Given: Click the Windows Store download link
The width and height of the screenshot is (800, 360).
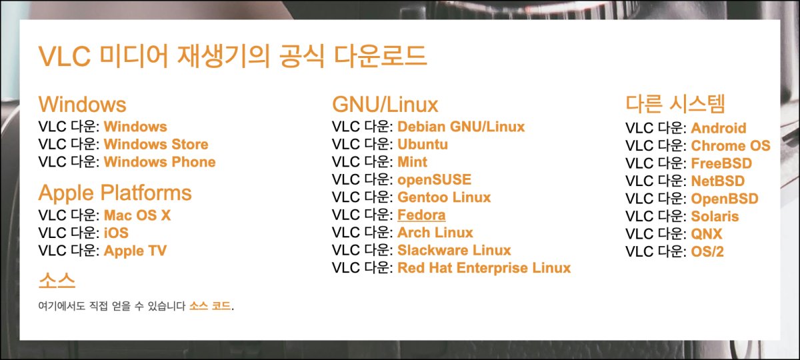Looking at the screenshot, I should pyautogui.click(x=156, y=145).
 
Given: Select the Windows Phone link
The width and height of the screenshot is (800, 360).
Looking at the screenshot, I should pyautogui.click(x=159, y=162).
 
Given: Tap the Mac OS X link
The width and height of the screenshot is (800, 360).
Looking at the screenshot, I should pyautogui.click(x=137, y=215).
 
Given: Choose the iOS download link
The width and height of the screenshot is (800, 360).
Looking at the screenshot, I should pyautogui.click(x=116, y=233).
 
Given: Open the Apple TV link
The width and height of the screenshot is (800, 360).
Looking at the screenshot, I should pyautogui.click(x=135, y=251).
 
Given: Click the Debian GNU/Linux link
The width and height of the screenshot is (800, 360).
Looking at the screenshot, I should pyautogui.click(x=461, y=127).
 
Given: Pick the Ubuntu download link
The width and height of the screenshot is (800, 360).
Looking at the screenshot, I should pyautogui.click(x=423, y=145).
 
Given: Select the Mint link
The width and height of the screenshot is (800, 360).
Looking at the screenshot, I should pyautogui.click(x=412, y=162).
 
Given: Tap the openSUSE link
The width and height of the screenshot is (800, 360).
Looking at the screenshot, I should pyautogui.click(x=434, y=180).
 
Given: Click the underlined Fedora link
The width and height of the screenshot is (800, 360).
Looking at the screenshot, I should pyautogui.click(x=421, y=215).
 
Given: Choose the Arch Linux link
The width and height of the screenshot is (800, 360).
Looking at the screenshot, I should pyautogui.click(x=435, y=233).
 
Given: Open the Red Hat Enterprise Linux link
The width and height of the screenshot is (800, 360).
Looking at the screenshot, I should pyautogui.click(x=484, y=268).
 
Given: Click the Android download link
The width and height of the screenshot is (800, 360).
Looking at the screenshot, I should pyautogui.click(x=718, y=128).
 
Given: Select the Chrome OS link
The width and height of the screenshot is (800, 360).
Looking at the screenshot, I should pyautogui.click(x=730, y=146).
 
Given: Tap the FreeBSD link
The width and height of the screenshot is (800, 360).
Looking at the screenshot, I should pyautogui.click(x=721, y=163).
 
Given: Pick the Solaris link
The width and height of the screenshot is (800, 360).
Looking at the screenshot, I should pyautogui.click(x=715, y=217).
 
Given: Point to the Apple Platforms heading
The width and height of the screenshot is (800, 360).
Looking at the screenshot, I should pyautogui.click(x=115, y=193).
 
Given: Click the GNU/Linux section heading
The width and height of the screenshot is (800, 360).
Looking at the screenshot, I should pyautogui.click(x=385, y=105).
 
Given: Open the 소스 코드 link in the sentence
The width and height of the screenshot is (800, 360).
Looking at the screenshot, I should pyautogui.click(x=210, y=307).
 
